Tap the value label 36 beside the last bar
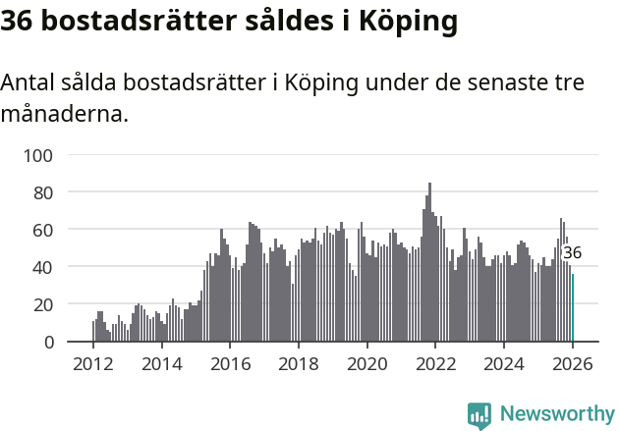point(572,253)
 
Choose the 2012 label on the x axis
point(93,364)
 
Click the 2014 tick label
point(162,364)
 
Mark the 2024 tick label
point(504,364)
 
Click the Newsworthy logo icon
point(479,415)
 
